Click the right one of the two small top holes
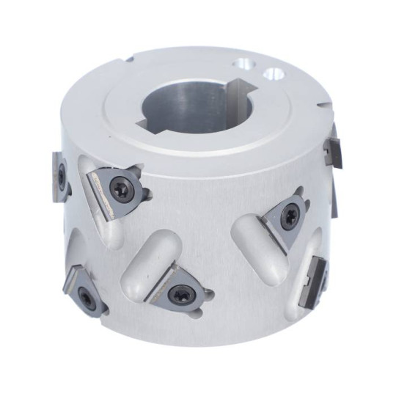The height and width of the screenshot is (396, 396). point(275,73)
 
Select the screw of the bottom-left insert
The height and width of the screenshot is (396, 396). point(87,298)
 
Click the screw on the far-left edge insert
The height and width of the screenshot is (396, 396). point(62,176)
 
